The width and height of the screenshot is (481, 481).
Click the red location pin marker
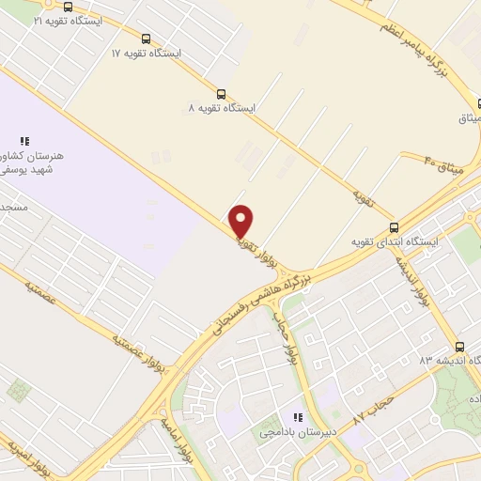pyautogui.click(x=241, y=221)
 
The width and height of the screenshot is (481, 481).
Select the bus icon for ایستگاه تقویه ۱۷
pyautogui.click(x=146, y=39)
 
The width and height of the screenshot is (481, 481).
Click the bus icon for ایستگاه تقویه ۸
pyautogui.click(x=222, y=94)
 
